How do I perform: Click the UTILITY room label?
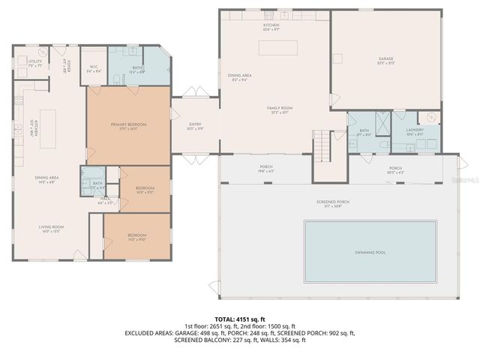(35, 61)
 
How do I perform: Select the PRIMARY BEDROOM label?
(128, 124)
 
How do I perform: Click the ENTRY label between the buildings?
(195, 124)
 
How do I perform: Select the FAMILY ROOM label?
(280, 108)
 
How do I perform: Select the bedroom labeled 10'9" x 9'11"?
(145, 189)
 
